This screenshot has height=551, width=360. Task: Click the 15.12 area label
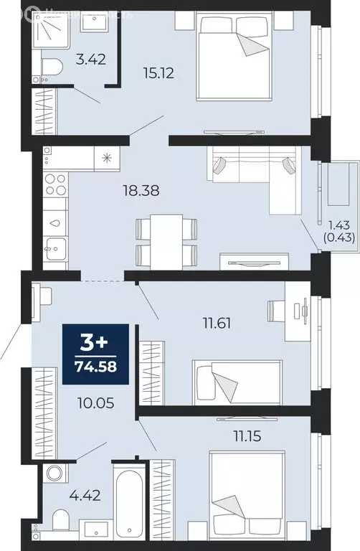coord(160,72)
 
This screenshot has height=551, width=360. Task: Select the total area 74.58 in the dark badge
coord(97,369)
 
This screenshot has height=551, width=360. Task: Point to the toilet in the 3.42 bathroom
coord(51,67)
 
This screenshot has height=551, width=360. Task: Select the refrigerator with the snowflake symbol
coord(108,159)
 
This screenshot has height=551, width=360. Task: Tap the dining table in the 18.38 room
coord(166,240)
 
